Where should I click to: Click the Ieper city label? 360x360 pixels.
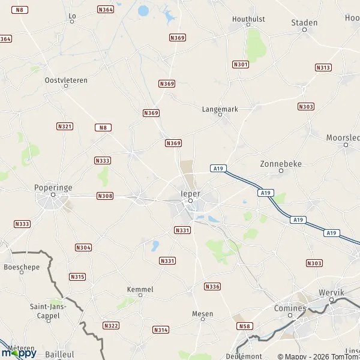(x=190, y=194)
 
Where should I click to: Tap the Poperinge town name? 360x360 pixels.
(x=53, y=187)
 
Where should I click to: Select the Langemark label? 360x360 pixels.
(x=220, y=109)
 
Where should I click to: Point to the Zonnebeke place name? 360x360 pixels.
(x=281, y=163)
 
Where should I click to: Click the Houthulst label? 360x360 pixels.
(x=248, y=19)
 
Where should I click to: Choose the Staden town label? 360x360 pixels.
(x=304, y=23)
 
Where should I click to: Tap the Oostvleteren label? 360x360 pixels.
(x=66, y=80)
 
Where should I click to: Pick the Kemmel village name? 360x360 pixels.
(x=140, y=289)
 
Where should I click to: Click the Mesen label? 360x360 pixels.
(x=202, y=314)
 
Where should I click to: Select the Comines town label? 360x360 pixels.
(x=290, y=308)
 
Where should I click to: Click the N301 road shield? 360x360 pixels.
(x=241, y=64)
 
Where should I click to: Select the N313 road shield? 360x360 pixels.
(x=323, y=68)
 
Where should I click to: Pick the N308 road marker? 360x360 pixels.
(x=105, y=196)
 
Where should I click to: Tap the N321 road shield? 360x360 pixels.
(x=65, y=127)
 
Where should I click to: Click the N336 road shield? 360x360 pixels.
(x=212, y=286)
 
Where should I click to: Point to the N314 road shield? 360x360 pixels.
(x=161, y=330)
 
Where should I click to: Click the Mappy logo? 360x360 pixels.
(x=19, y=352)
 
